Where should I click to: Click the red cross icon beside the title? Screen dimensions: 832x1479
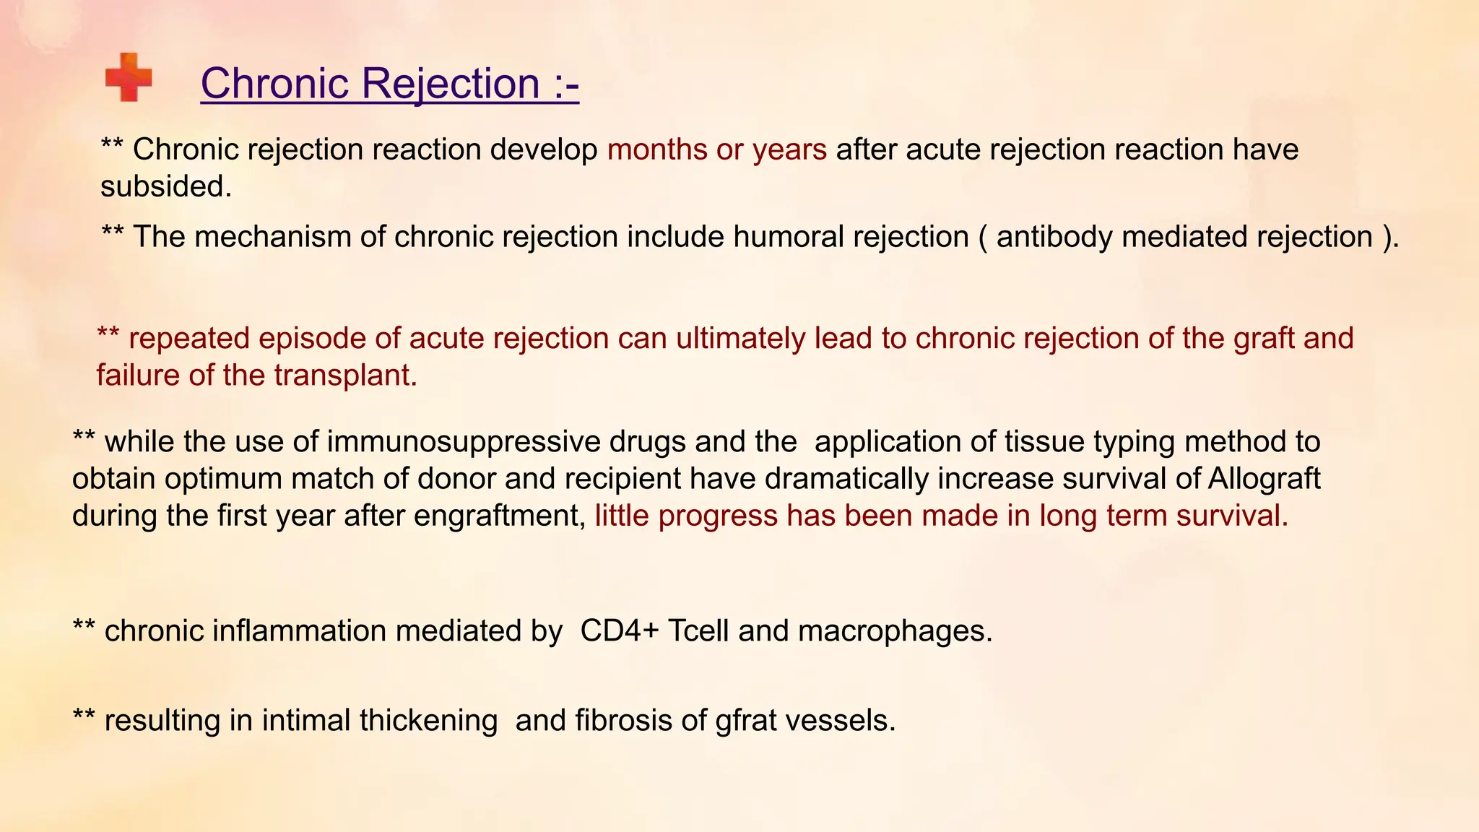[x=129, y=77]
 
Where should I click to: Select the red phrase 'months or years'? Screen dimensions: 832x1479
[x=716, y=149]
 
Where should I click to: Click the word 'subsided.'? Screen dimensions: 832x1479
[x=166, y=186]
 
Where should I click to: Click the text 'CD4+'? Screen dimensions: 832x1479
[x=619, y=631]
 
